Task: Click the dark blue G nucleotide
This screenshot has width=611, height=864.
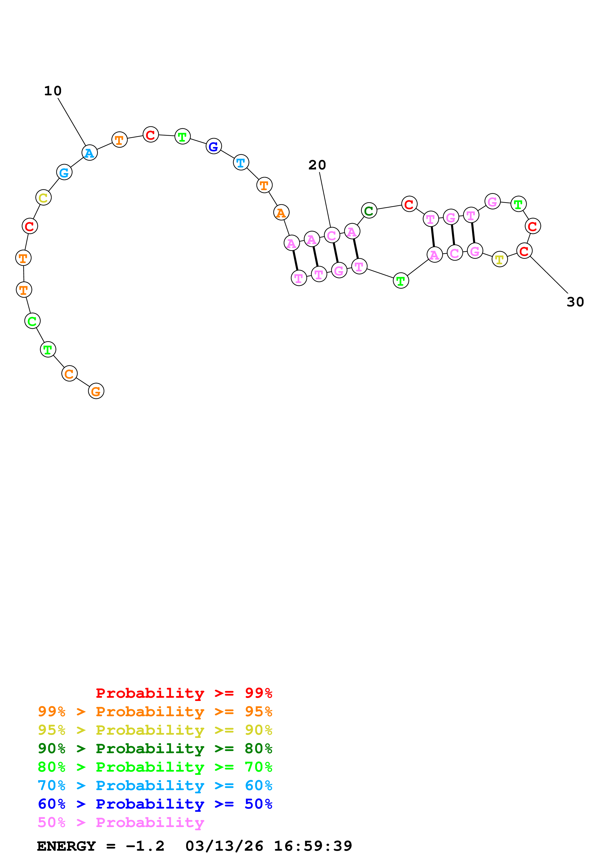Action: pos(213,146)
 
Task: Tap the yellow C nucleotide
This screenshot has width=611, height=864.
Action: pos(43,198)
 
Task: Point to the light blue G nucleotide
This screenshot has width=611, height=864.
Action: pos(64,172)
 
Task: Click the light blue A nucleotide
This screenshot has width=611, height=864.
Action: pos(89,153)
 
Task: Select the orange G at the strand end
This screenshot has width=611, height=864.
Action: pos(96,391)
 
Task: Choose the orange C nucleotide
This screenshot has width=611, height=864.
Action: pos(69,374)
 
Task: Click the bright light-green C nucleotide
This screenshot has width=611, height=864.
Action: pos(32,321)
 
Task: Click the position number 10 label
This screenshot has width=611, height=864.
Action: pos(53,91)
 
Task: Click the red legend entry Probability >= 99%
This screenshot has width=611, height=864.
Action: pos(184,693)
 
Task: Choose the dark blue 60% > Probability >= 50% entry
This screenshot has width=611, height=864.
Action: pos(155,804)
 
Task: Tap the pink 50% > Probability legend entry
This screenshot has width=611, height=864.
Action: pos(121,823)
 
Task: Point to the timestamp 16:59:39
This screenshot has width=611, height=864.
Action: pos(313,846)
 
